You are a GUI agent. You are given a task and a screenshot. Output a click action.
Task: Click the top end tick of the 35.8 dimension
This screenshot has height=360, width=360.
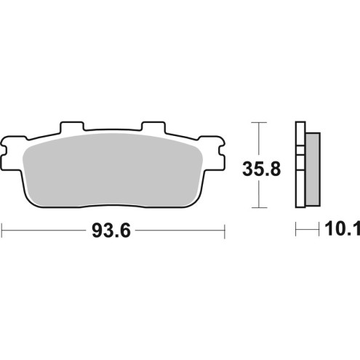255,122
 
